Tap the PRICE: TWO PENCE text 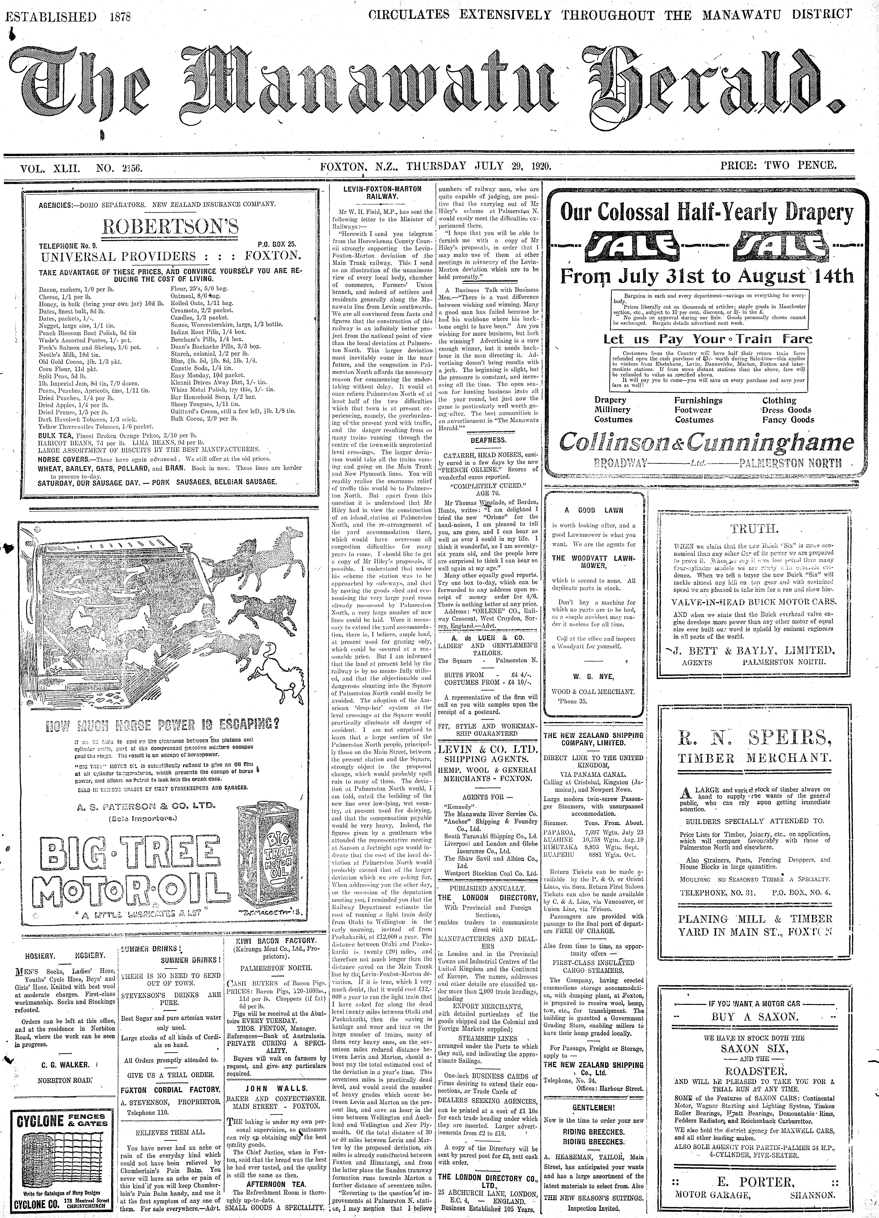pyautogui.click(x=778, y=165)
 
